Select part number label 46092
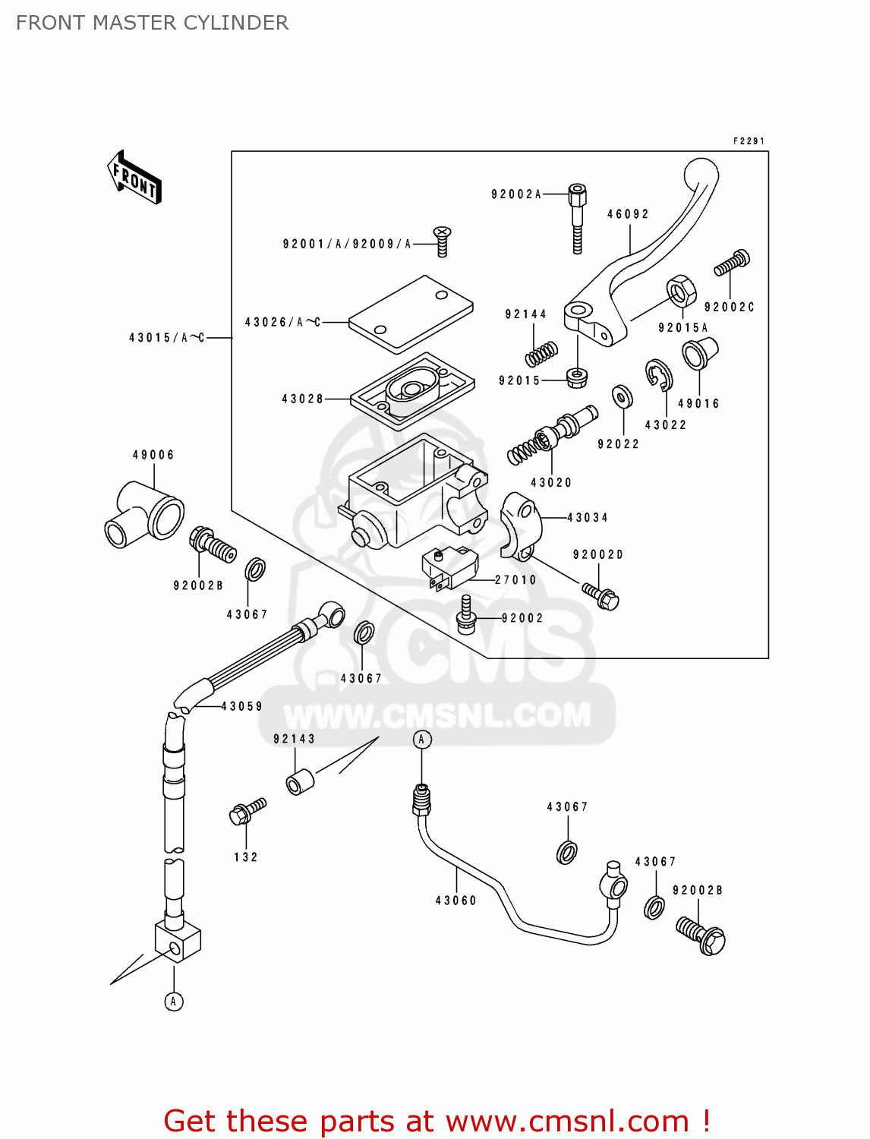(x=628, y=214)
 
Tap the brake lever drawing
(x=645, y=258)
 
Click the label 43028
(x=302, y=399)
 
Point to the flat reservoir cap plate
(x=411, y=314)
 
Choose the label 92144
(x=525, y=314)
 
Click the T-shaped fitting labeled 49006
(x=144, y=516)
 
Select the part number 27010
(x=515, y=580)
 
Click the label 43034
(x=588, y=518)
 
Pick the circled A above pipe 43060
(x=422, y=740)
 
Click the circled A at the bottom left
(x=174, y=1002)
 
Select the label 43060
(x=455, y=901)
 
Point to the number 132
(x=245, y=857)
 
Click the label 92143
(x=294, y=739)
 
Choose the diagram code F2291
(x=749, y=141)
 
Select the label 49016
(x=698, y=404)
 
